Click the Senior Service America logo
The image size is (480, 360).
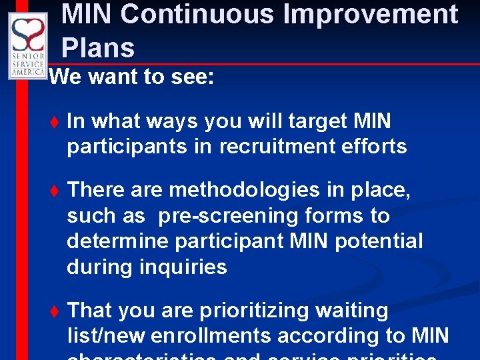point(28,45)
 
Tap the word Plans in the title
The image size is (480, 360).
point(98,48)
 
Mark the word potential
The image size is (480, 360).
point(379,241)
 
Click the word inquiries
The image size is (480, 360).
point(183,267)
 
